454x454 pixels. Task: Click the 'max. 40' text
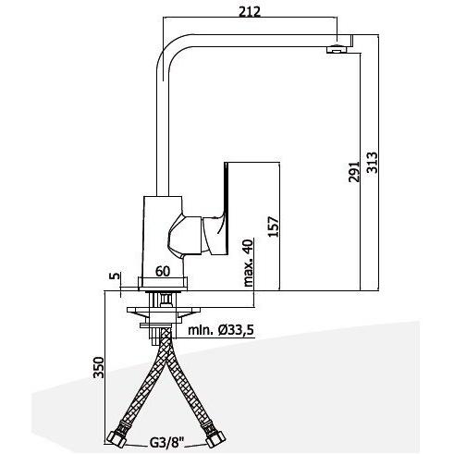point(249,262)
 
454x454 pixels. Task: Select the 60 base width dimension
point(163,271)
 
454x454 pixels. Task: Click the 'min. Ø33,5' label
point(221,328)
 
